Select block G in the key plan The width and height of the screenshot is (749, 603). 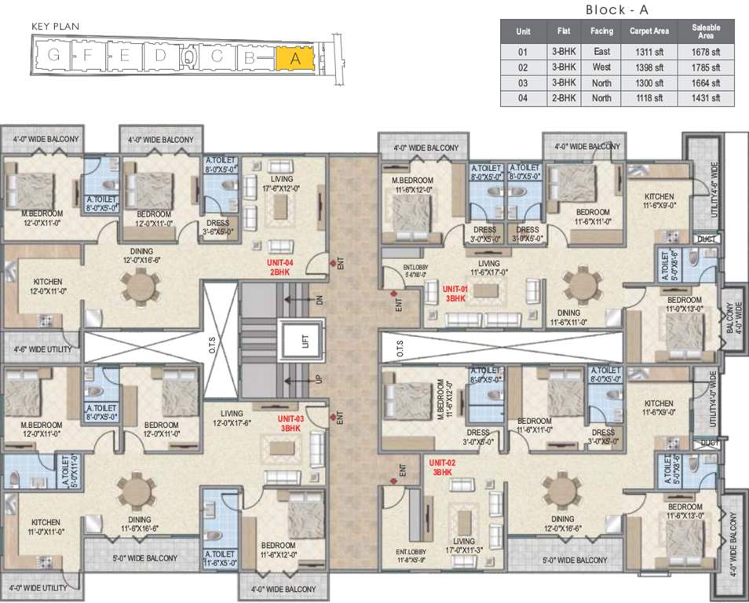[53, 55]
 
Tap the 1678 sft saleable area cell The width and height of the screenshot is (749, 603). [706, 52]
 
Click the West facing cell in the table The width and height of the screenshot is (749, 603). [601, 68]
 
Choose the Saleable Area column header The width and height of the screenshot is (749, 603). [706, 32]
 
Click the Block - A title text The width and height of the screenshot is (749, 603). [616, 9]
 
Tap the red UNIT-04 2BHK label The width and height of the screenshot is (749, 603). [280, 266]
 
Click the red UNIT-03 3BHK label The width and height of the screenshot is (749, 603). [290, 424]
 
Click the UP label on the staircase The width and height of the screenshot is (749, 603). [318, 380]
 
